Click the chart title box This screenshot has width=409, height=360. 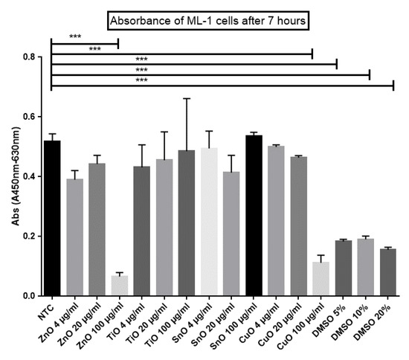point(210,19)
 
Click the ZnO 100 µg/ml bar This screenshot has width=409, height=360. point(120,286)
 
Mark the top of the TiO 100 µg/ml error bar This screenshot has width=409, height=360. point(187,98)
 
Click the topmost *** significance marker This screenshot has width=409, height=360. point(75,36)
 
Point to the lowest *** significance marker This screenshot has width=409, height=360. point(141,79)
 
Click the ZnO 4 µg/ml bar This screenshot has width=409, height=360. point(75,237)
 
